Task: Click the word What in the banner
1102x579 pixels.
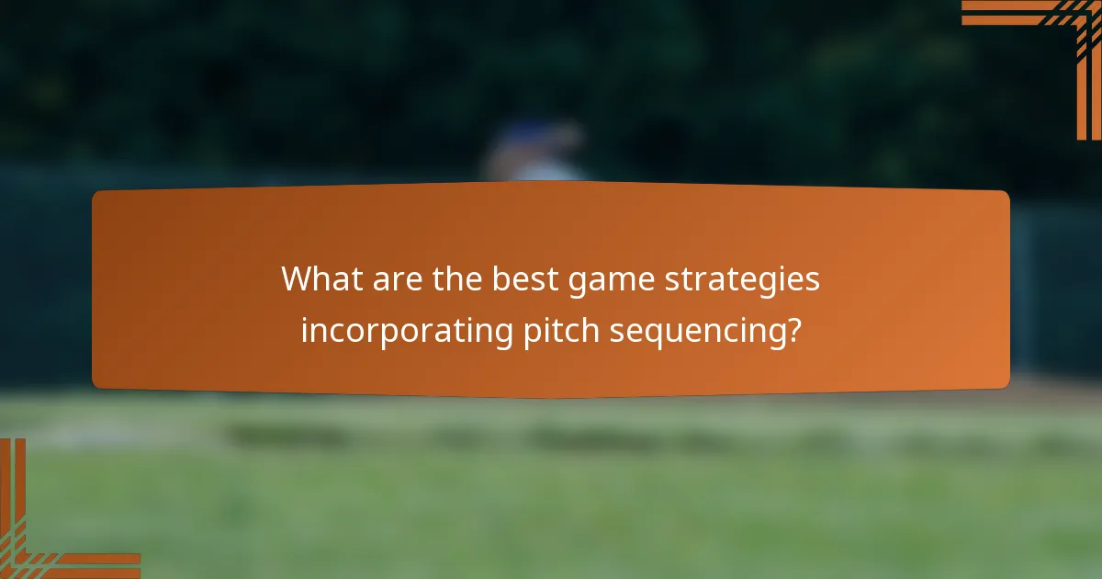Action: pos(320,278)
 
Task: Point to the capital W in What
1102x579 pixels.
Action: pos(298,278)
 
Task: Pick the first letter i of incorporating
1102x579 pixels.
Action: pos(305,329)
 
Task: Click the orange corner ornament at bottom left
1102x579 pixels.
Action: pos(37,542)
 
